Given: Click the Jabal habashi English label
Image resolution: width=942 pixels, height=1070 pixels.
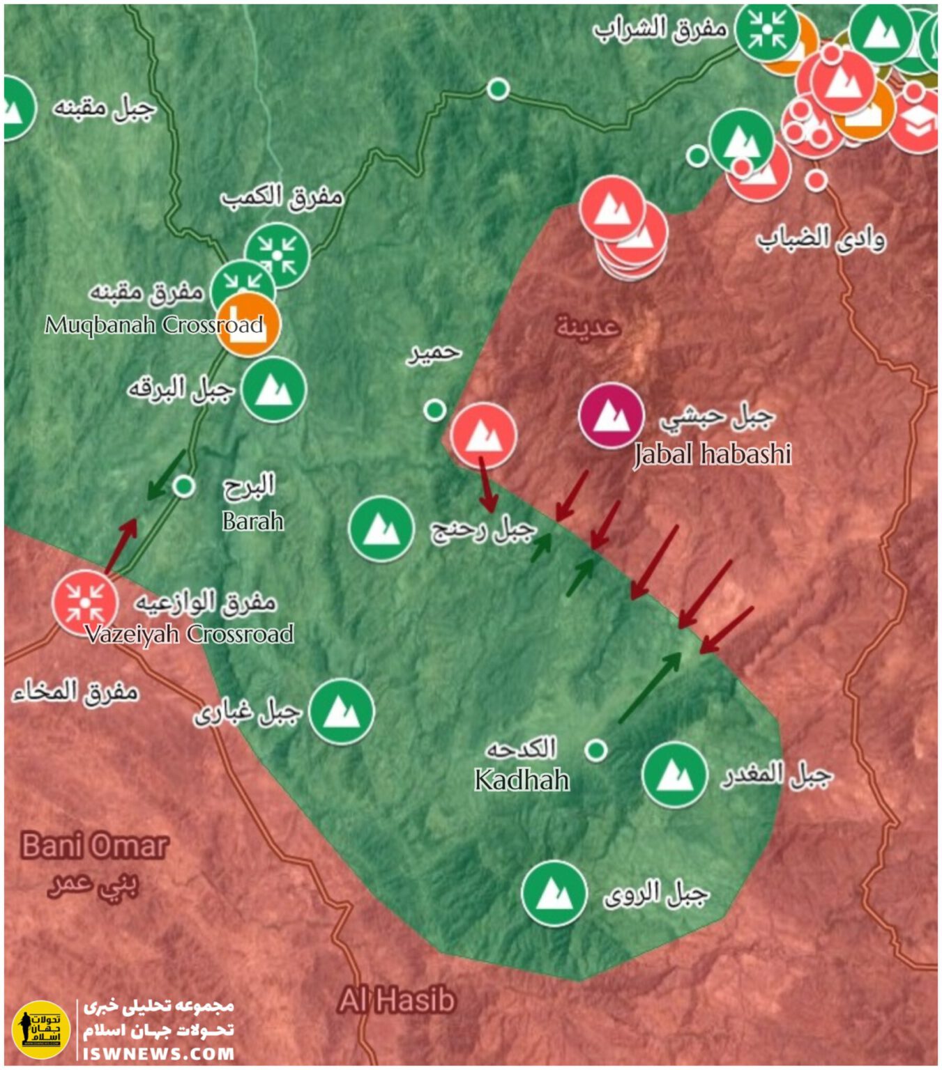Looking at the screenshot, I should pyautogui.click(x=712, y=454).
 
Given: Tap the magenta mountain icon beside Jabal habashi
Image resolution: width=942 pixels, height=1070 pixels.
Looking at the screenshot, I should pyautogui.click(x=611, y=416).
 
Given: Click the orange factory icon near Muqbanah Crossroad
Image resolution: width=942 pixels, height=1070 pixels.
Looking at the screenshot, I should pyautogui.click(x=248, y=325).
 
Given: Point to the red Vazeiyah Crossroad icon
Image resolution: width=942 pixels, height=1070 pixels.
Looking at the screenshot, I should pyautogui.click(x=85, y=603).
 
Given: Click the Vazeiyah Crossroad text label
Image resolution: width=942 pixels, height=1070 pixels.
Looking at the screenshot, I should pyautogui.click(x=189, y=634).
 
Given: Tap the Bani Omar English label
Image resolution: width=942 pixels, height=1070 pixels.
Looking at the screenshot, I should pyautogui.click(x=94, y=846).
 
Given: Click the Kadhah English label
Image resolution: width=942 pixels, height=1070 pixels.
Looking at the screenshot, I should pyautogui.click(x=522, y=780).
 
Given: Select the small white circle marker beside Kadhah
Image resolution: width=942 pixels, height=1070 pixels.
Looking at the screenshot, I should pyautogui.click(x=595, y=750).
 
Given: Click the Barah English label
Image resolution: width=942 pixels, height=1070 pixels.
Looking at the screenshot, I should pyautogui.click(x=253, y=521).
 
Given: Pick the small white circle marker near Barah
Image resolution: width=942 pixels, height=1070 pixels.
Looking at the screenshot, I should pyautogui.click(x=183, y=486).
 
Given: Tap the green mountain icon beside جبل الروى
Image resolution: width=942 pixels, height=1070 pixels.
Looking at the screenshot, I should pyautogui.click(x=554, y=894).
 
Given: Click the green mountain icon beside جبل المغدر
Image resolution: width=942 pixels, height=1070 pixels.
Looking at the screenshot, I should pyautogui.click(x=674, y=775).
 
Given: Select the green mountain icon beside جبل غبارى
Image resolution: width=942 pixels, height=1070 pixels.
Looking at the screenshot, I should pyautogui.click(x=342, y=712).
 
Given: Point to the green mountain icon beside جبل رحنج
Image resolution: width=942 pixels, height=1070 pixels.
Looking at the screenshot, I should pyautogui.click(x=381, y=529).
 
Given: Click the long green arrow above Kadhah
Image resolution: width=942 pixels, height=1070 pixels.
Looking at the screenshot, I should pyautogui.click(x=650, y=688).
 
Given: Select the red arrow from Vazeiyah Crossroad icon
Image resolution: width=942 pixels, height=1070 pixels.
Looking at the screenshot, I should pyautogui.click(x=121, y=547).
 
